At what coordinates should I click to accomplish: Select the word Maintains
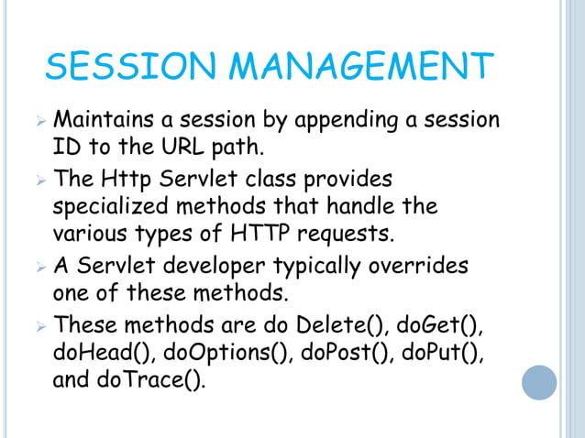(105, 120)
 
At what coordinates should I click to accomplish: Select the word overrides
(418, 266)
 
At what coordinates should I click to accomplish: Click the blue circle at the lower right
(539, 382)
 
